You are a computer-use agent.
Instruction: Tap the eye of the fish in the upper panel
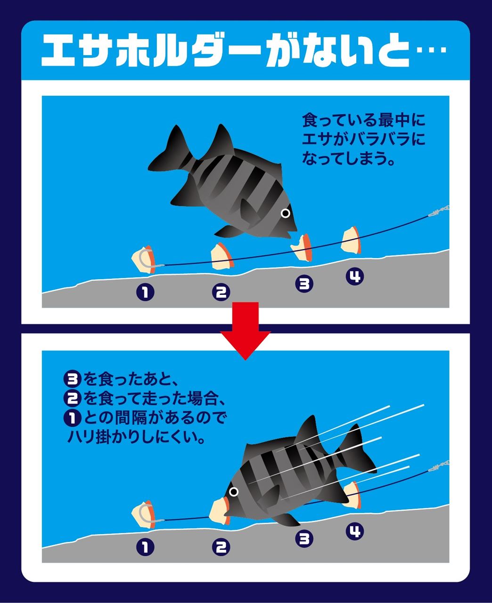(x=285, y=213)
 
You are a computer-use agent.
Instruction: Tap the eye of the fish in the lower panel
(x=234, y=491)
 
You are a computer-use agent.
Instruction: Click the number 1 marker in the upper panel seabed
(x=145, y=292)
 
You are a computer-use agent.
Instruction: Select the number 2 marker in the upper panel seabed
(x=221, y=292)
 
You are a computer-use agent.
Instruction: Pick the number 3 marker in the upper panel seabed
(x=304, y=284)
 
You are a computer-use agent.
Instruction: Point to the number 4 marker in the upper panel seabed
(x=355, y=277)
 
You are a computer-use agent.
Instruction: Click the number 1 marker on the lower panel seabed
(x=145, y=547)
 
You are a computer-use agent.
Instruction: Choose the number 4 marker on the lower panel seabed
(x=355, y=531)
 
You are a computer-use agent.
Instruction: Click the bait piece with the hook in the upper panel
(x=144, y=259)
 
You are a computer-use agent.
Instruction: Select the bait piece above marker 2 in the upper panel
(x=221, y=256)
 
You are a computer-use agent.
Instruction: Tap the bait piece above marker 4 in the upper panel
(x=351, y=240)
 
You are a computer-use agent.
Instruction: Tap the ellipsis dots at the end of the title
(x=431, y=50)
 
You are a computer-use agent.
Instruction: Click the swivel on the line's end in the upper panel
(x=439, y=211)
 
